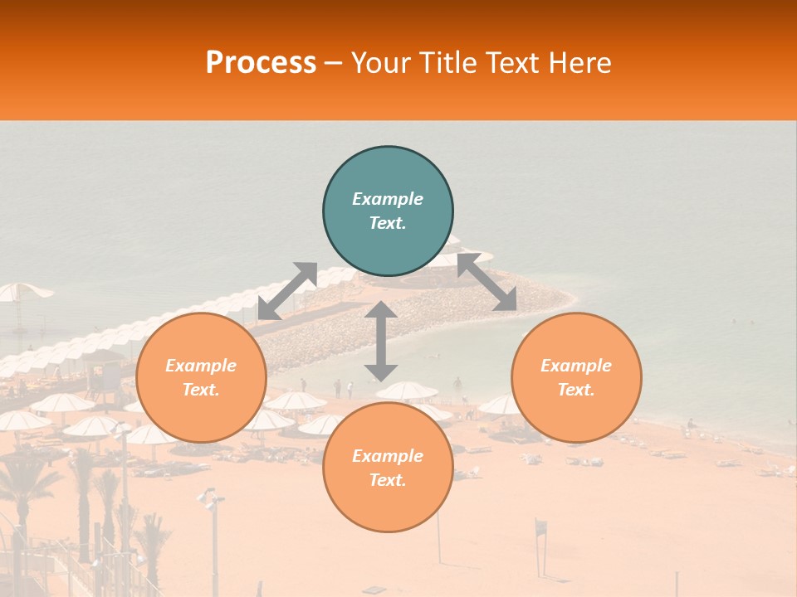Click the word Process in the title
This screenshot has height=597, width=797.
(x=261, y=63)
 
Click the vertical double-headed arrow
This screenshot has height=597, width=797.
(x=381, y=342)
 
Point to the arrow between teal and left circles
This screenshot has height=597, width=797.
(x=287, y=291)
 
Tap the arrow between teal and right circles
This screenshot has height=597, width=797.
(x=487, y=282)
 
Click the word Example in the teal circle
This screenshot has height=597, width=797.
(x=388, y=199)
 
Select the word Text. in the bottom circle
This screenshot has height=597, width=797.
(x=388, y=480)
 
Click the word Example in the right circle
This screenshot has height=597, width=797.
(x=576, y=366)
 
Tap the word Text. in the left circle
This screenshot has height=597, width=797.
(x=201, y=390)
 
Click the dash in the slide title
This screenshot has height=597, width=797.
(x=333, y=63)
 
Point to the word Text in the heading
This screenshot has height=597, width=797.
(x=510, y=63)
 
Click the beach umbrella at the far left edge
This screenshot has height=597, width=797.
(x=22, y=291)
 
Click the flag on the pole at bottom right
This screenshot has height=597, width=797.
(x=541, y=526)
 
